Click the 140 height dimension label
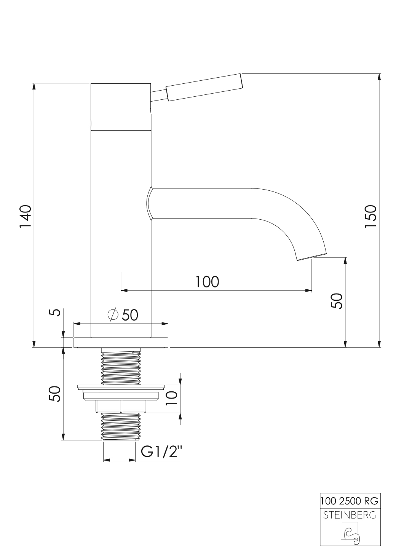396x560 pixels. coord(25,216)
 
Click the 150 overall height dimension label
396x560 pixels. coord(370,216)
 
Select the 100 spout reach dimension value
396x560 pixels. coord(207,282)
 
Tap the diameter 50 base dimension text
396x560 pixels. coord(123,315)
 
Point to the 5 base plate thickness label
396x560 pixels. coord(55,313)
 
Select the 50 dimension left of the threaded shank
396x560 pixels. coord(55,393)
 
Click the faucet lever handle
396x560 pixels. coord(204,87)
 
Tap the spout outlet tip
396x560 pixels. coord(312,257)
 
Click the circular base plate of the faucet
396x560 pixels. coord(121,342)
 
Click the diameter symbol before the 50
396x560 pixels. coord(113,315)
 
